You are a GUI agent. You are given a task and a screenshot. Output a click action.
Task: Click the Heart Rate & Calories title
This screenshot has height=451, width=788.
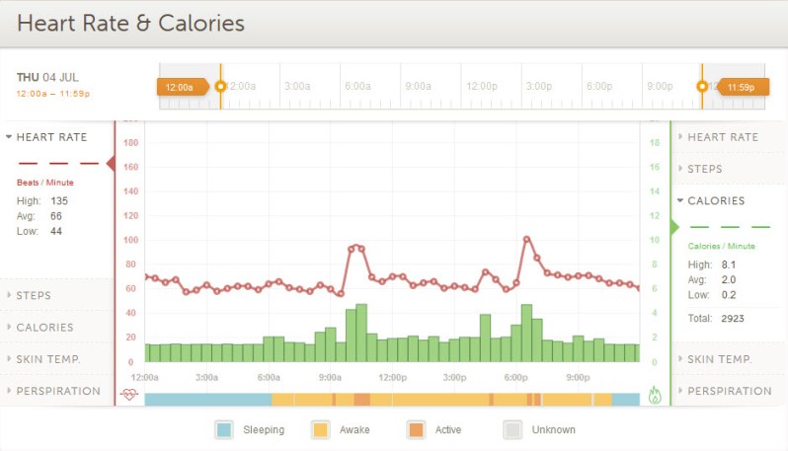tap(130, 23)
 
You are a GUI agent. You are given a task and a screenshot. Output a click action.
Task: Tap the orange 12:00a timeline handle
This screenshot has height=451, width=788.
tap(182, 87)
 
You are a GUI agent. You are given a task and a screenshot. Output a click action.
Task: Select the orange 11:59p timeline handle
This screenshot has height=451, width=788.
tap(740, 87)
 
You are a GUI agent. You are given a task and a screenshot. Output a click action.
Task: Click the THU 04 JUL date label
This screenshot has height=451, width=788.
tap(47, 77)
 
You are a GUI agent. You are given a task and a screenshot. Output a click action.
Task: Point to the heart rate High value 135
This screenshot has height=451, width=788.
tap(59, 200)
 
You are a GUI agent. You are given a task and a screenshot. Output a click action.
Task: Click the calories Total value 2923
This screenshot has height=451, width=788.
tap(732, 319)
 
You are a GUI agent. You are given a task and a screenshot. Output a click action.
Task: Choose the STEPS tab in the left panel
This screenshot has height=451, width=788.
tap(34, 295)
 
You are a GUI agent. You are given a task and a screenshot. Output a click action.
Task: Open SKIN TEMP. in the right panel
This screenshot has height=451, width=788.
tap(720, 359)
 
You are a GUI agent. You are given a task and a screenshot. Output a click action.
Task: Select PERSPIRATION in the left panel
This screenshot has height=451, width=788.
tap(58, 391)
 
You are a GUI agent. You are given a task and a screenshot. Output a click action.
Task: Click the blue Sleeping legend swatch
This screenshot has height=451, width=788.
tap(224, 429)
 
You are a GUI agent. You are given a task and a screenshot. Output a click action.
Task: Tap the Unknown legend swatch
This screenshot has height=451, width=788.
tap(512, 429)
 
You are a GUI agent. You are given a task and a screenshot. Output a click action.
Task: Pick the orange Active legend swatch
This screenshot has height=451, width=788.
tap(416, 429)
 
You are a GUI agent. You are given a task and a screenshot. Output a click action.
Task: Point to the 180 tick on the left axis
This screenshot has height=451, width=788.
tap(130, 143)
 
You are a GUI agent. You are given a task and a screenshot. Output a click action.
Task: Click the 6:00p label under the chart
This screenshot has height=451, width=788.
tap(516, 377)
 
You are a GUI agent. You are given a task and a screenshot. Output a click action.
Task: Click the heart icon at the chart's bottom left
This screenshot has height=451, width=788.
tap(129, 394)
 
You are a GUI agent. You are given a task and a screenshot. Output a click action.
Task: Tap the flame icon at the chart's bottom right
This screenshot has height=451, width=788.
tap(655, 394)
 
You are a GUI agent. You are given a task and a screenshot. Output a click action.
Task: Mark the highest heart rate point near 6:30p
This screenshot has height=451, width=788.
tap(527, 239)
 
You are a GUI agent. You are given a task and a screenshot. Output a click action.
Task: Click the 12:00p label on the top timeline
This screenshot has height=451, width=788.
tap(482, 86)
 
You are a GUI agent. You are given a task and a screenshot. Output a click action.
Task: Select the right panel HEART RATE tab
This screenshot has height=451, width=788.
tap(723, 137)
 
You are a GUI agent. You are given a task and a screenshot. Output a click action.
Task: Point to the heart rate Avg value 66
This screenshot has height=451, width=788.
tap(56, 216)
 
